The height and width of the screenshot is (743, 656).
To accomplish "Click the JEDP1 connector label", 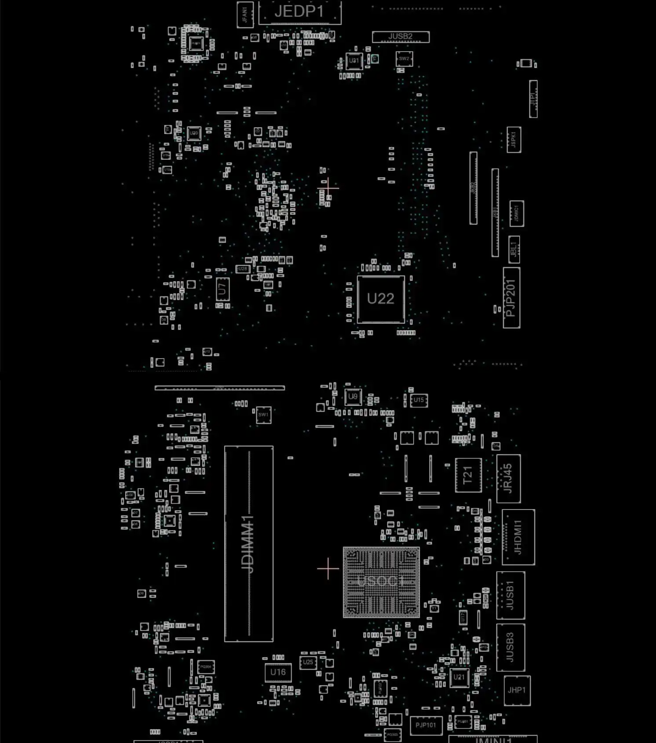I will [299, 12].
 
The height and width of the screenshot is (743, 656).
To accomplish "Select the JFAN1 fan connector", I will [244, 15].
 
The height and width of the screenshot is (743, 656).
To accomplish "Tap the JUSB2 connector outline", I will [401, 37].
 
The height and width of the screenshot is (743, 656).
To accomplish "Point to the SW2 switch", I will [404, 59].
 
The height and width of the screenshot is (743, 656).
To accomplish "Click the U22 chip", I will [381, 299].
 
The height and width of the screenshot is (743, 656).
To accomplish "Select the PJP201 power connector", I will [511, 298].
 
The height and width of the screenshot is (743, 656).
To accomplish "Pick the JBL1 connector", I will [514, 250].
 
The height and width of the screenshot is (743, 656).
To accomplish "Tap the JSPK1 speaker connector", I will [514, 140].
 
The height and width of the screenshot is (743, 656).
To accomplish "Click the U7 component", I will [222, 290].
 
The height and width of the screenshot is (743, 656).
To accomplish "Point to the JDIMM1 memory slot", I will [248, 544].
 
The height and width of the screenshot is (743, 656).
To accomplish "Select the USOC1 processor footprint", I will [381, 582].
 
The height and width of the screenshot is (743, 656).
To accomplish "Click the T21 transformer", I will [468, 475].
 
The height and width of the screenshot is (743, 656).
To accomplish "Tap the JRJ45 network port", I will [508, 478].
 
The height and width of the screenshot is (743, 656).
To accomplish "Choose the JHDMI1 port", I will [518, 537].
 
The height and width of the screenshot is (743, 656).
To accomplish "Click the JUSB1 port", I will [510, 596].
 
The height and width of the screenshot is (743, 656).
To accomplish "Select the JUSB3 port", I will [510, 647].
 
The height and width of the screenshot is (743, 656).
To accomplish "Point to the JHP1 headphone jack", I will [517, 690].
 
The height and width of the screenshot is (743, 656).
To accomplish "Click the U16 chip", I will [278, 673].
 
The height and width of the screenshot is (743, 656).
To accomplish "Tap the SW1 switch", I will [263, 415].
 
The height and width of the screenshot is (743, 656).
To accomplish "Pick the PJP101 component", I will [426, 725].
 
